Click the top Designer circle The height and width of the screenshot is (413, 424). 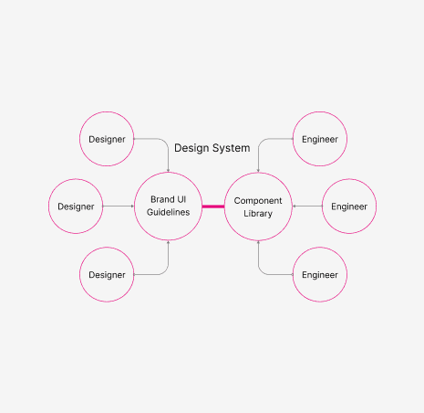click(x=108, y=139)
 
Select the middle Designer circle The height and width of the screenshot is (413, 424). click(x=76, y=206)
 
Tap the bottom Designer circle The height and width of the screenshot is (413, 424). click(x=108, y=274)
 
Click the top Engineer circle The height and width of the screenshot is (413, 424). click(x=319, y=139)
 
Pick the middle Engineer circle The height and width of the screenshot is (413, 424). click(x=349, y=206)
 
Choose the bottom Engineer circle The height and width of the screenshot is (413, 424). click(x=319, y=274)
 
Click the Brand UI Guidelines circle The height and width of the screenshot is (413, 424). click(x=168, y=206)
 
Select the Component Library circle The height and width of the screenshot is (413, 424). click(x=258, y=206)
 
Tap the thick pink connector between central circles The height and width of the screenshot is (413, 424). click(x=212, y=206)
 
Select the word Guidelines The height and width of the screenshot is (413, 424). click(x=168, y=213)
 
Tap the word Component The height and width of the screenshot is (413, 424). click(x=258, y=200)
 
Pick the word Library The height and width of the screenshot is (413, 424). click(x=258, y=213)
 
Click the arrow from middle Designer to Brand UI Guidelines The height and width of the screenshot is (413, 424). click(x=119, y=206)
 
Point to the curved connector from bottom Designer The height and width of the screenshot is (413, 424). click(x=161, y=272)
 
